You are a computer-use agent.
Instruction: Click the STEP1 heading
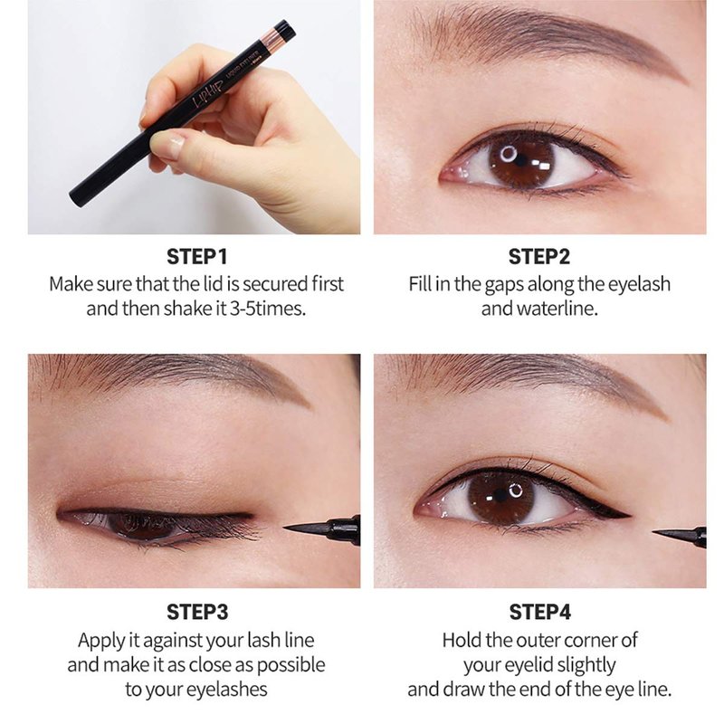[197, 257]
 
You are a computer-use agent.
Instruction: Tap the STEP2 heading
[539, 257]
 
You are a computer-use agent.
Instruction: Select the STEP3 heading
[197, 612]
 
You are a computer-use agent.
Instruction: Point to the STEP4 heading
[539, 612]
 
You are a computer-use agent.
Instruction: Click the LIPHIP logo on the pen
[208, 94]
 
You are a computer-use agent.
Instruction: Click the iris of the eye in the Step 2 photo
[521, 161]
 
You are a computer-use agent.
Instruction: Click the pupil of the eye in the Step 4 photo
[500, 496]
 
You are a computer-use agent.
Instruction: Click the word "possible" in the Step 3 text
[291, 665]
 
